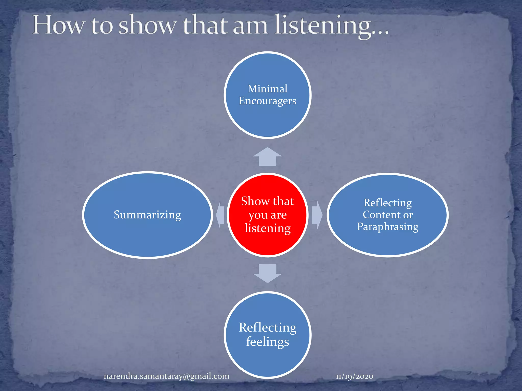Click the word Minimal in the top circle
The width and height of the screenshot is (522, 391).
[x=267, y=89]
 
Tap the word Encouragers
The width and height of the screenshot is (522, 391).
[x=267, y=101]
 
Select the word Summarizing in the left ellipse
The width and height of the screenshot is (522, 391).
[x=147, y=215]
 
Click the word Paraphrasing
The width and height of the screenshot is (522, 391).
[x=387, y=227]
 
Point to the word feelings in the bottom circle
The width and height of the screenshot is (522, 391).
[x=267, y=342]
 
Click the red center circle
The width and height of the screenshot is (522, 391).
[x=267, y=244]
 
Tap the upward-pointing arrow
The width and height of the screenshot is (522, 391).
[x=267, y=157]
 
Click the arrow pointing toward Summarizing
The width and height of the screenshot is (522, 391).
[x=220, y=215]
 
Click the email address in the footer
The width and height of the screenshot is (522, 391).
[x=166, y=376]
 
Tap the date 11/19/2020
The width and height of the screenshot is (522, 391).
[x=354, y=376]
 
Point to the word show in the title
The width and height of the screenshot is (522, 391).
[x=147, y=25]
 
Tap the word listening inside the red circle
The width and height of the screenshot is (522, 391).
[x=267, y=228]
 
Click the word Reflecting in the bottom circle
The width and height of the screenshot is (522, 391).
[x=267, y=328]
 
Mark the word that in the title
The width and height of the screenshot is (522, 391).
[x=205, y=25]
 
